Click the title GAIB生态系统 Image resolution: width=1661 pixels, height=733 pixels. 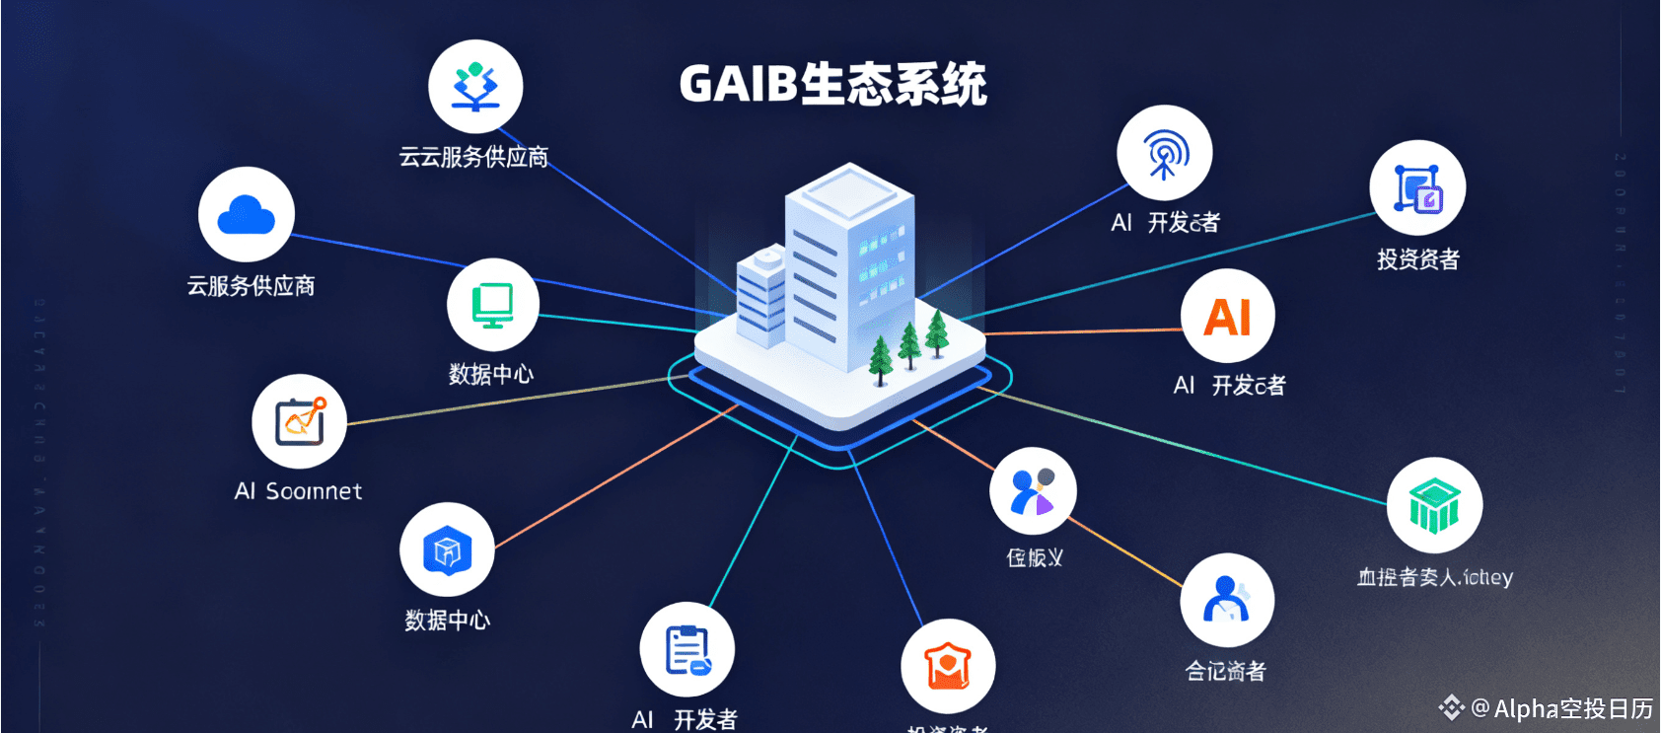pyautogui.click(x=832, y=84)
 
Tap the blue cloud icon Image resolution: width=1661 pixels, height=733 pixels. pyautogui.click(x=246, y=215)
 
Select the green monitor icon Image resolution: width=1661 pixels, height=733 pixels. pyautogui.click(x=492, y=305)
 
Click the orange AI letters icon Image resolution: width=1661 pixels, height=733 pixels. pyautogui.click(x=1227, y=317)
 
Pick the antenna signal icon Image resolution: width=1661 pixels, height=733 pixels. pyautogui.click(x=1164, y=153)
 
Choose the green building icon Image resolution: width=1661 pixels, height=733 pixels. pyautogui.click(x=1434, y=504)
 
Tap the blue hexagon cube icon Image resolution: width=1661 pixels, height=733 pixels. pyautogui.click(x=447, y=550)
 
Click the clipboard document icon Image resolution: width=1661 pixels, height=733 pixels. pyautogui.click(x=686, y=649)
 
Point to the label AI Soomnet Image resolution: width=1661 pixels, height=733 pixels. pyautogui.click(x=298, y=491)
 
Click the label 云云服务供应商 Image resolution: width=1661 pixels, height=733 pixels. pyautogui.click(x=473, y=158)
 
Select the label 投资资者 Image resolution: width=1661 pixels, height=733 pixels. pyautogui.click(x=1417, y=259)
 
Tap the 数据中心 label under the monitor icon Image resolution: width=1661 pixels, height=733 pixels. pyautogui.click(x=491, y=374)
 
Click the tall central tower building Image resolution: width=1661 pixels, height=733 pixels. pyautogui.click(x=846, y=266)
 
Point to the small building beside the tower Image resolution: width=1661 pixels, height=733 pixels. pyautogui.click(x=761, y=296)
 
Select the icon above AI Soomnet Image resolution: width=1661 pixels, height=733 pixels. pyautogui.click(x=299, y=422)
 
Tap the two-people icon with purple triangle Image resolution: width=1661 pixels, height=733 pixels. pyautogui.click(x=1033, y=491)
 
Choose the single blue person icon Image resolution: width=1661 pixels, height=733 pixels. pyautogui.click(x=1227, y=600)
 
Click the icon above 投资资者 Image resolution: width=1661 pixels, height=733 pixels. pyautogui.click(x=1417, y=187)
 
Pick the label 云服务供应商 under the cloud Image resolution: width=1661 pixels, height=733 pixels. pyautogui.click(x=251, y=286)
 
